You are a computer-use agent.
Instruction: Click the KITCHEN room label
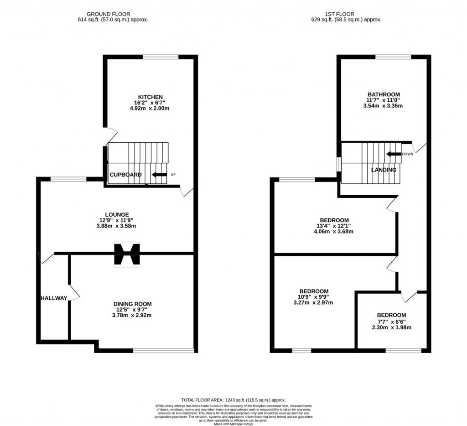(150, 97)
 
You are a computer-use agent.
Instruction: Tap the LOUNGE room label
(117, 214)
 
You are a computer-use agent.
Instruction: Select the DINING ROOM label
(132, 304)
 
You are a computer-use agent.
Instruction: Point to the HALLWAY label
(54, 298)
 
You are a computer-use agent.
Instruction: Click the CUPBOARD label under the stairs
(125, 175)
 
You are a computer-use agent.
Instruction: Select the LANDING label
(384, 170)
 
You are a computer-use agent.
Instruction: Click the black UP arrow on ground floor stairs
(159, 175)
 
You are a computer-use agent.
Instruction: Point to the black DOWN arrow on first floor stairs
(393, 154)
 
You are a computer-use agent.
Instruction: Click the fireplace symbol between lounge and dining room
(127, 254)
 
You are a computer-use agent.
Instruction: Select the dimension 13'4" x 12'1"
(334, 226)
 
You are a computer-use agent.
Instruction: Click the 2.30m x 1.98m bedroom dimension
(391, 327)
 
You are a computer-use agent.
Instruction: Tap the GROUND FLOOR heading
(113, 14)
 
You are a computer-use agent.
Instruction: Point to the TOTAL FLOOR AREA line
(233, 400)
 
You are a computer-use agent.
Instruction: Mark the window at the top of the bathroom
(393, 57)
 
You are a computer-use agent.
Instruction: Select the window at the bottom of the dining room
(163, 351)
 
